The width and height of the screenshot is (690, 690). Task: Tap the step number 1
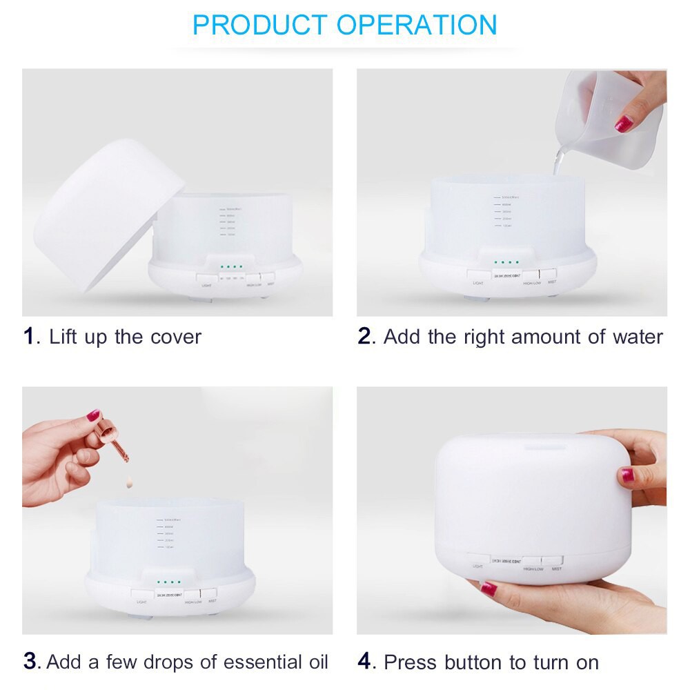[x=28, y=337]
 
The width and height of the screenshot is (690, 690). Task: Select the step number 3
[x=30, y=661]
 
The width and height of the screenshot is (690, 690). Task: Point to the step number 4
[x=365, y=662]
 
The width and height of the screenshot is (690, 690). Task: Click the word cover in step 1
[x=175, y=337]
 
